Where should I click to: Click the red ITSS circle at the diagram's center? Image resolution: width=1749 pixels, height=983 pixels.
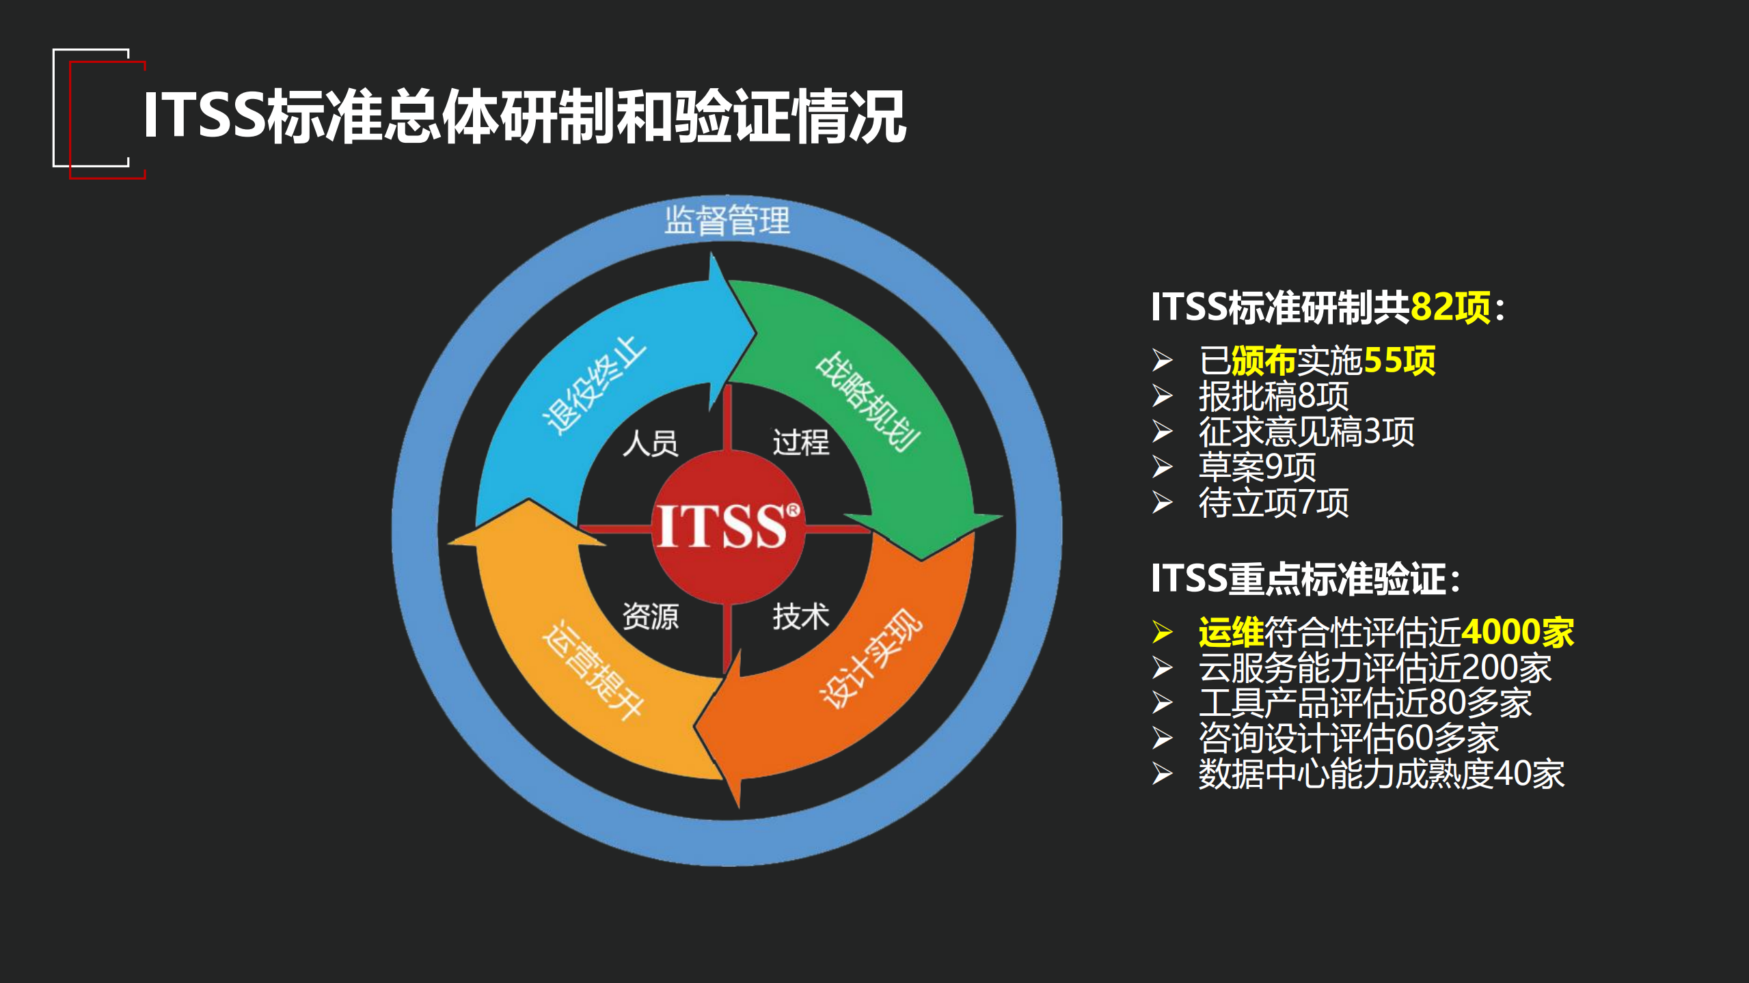click(728, 527)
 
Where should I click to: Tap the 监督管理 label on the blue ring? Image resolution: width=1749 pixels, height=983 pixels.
click(727, 220)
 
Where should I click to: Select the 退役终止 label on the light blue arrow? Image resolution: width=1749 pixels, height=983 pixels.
click(593, 385)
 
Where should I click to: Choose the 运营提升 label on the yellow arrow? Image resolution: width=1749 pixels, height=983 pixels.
click(592, 669)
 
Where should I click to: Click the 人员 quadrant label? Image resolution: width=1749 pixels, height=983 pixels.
click(650, 443)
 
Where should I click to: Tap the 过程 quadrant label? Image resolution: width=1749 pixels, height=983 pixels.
click(800, 442)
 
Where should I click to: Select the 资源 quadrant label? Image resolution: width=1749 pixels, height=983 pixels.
click(650, 616)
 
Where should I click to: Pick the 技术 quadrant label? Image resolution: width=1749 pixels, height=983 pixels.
click(800, 616)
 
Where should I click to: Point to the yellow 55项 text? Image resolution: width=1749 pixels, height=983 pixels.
click(1399, 360)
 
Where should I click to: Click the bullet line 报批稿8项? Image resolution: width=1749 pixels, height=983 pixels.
click(1273, 396)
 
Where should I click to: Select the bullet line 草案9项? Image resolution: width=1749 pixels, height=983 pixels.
click(1257, 467)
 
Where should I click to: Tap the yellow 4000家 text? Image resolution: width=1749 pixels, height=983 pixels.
click(1517, 632)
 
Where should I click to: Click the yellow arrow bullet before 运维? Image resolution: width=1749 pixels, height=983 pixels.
click(1162, 632)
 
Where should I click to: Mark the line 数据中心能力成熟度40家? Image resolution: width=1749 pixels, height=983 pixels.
click(1381, 774)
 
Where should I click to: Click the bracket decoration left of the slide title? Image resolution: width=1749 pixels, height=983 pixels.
click(99, 113)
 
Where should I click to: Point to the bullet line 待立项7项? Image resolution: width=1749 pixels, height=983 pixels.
click(1273, 503)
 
